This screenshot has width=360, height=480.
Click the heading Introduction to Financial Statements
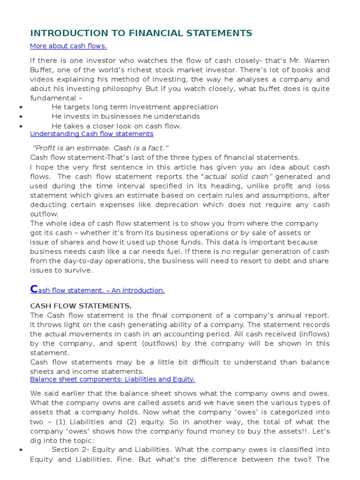point(141,33)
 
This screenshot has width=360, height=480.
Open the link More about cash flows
point(68,46)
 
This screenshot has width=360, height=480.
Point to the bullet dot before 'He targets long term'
point(22,107)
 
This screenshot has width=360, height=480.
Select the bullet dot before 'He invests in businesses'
point(22,117)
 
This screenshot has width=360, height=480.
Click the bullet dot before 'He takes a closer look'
point(22,126)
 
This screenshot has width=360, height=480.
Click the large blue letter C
point(34,289)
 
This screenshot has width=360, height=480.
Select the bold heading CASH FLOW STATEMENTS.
point(81,306)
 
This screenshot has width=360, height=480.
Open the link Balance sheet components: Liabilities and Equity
point(112,379)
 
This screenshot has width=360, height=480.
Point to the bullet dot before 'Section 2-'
point(22,450)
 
